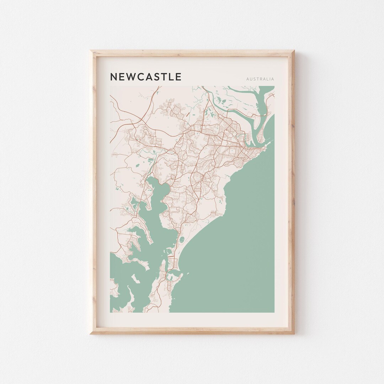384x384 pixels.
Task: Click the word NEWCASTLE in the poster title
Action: pos(146,77)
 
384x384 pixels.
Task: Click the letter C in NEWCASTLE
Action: pos(140,77)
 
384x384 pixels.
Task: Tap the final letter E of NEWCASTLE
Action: pos(178,77)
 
